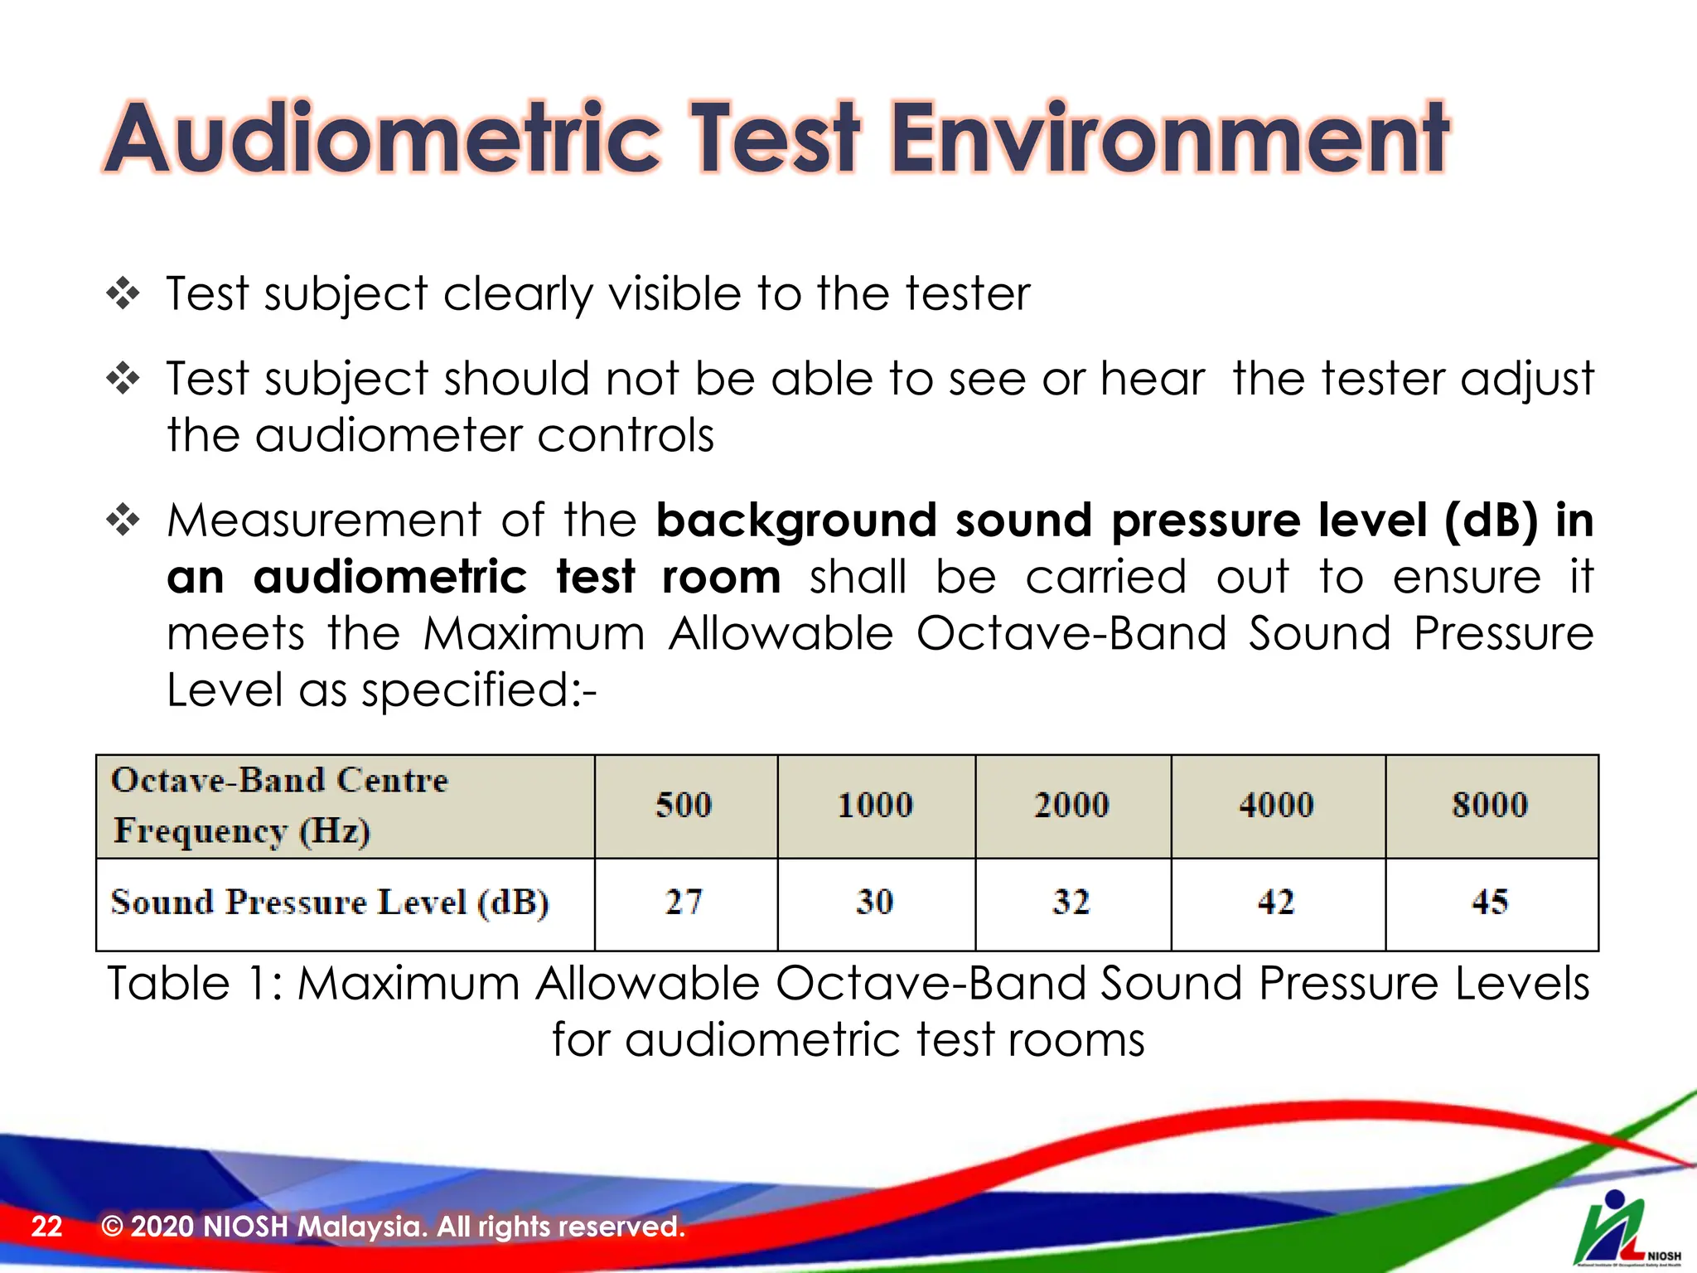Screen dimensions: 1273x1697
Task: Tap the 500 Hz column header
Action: point(684,805)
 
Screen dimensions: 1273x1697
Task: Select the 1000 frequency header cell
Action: point(875,805)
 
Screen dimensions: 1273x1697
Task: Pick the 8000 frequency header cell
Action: point(1490,805)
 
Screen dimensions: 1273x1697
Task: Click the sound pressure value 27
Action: point(684,902)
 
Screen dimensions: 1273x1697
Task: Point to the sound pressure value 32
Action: point(1071,902)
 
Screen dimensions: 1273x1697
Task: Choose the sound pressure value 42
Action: point(1276,902)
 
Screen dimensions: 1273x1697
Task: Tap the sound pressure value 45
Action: point(1490,902)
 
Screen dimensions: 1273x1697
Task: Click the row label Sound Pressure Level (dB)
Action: point(330,902)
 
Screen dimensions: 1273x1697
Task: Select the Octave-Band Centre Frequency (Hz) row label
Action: point(279,805)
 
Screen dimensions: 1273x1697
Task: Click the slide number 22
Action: point(46,1226)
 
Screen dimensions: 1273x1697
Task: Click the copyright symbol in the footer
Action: point(112,1226)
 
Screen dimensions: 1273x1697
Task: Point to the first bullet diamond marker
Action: point(123,293)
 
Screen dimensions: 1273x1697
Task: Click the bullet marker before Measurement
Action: point(123,520)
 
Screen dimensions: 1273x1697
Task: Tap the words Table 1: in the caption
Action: point(196,984)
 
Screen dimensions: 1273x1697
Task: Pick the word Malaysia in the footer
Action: point(361,1226)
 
